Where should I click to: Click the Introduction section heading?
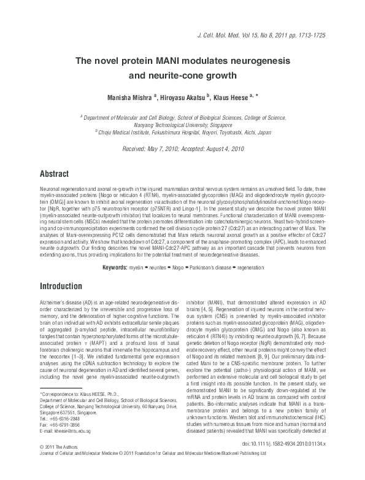point(61,286)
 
